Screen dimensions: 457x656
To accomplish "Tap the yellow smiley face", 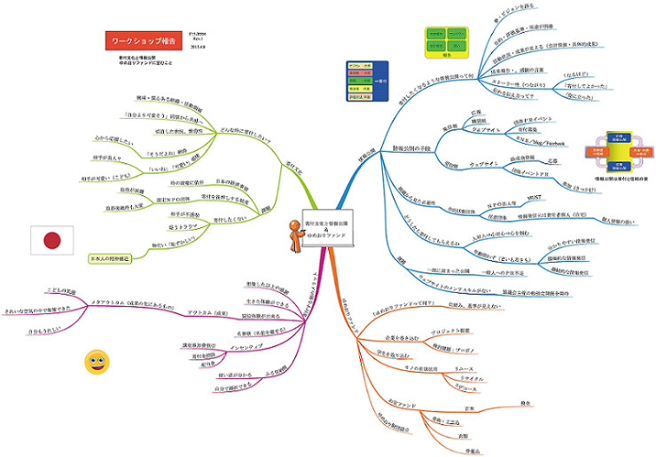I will [96, 361].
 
